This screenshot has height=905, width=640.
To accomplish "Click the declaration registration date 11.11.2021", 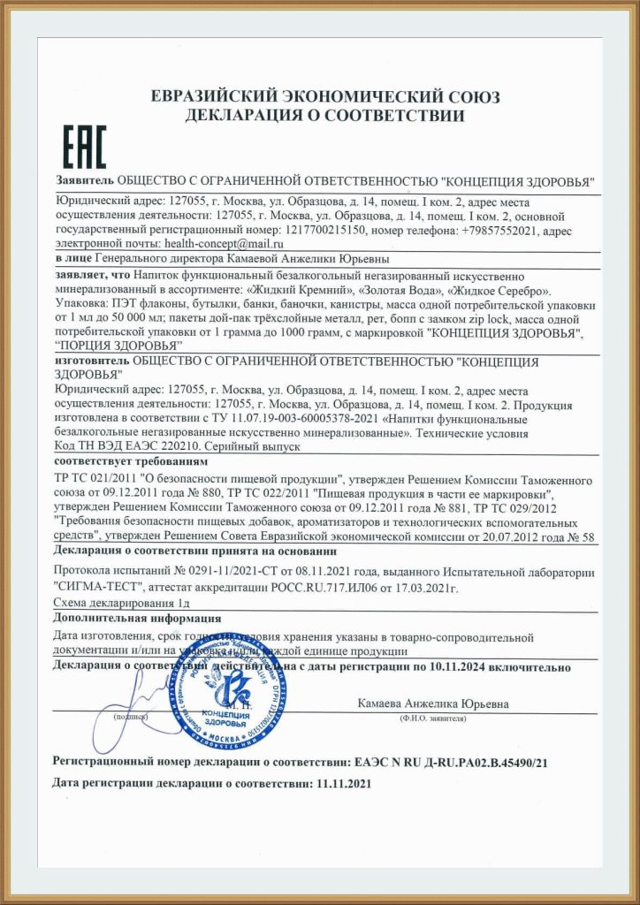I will click(342, 783).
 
